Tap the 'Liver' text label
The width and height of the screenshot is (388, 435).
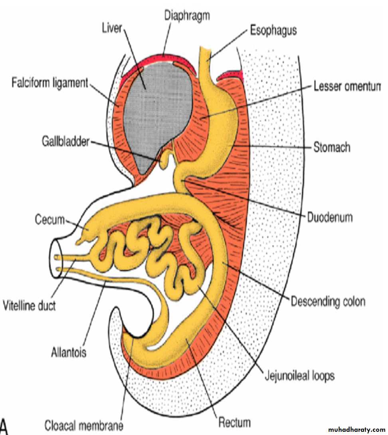click(112, 28)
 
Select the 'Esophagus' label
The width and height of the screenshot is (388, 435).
click(273, 30)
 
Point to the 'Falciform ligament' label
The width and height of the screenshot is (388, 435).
click(49, 83)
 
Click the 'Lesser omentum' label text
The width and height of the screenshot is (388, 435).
click(347, 87)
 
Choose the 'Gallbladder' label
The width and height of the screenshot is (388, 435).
click(66, 142)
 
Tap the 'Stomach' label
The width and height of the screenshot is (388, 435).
click(332, 147)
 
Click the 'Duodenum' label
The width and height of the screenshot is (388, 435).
click(330, 217)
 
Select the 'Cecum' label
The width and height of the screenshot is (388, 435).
click(49, 219)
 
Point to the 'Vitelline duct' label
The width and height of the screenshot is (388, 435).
click(29, 305)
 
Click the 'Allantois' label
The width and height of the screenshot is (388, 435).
click(69, 352)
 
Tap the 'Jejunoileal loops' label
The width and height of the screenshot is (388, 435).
click(299, 376)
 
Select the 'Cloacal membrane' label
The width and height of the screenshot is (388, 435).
click(84, 425)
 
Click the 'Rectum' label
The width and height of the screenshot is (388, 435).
click(235, 422)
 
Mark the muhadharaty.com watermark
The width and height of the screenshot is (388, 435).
click(356, 430)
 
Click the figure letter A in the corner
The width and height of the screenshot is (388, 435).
click(3, 426)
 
